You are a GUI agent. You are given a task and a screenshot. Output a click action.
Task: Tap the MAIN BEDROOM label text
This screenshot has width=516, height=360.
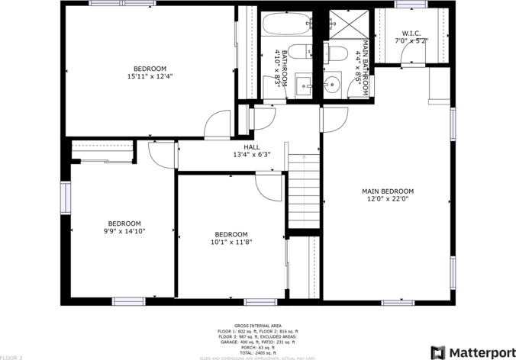point(387,191)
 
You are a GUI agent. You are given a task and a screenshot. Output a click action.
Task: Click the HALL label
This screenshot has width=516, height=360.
point(251,147)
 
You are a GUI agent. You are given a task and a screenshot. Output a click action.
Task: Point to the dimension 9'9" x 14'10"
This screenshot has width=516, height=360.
point(124,231)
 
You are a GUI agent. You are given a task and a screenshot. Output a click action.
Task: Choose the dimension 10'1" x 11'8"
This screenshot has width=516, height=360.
point(231,242)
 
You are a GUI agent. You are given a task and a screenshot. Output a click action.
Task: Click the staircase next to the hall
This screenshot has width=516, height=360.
point(303,188)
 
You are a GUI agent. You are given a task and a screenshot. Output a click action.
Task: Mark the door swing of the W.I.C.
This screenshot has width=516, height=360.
point(412,58)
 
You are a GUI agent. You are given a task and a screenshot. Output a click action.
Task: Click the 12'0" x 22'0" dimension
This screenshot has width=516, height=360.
point(387,199)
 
